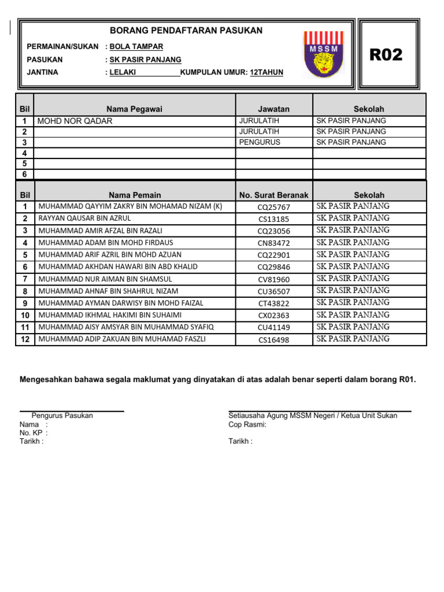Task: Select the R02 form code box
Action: [x=386, y=55]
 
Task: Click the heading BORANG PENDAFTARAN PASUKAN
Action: [x=186, y=31]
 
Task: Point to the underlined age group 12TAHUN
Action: [x=267, y=72]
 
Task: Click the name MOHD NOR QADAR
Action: [x=75, y=121]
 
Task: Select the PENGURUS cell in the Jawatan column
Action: [x=260, y=142]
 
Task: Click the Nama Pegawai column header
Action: [x=134, y=109]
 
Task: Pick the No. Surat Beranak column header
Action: [x=274, y=195]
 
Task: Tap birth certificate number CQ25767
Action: [x=274, y=207]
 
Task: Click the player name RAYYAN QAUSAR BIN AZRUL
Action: [x=84, y=219]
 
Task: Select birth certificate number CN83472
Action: [x=274, y=243]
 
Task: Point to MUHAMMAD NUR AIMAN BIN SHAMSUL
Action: [x=105, y=279]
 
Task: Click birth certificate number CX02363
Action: [x=274, y=316]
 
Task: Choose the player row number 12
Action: [x=25, y=339]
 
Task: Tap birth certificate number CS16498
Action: [x=274, y=340]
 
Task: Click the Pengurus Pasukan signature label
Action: [x=62, y=416]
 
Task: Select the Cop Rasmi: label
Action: [x=247, y=424]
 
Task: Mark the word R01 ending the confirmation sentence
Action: [x=406, y=380]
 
